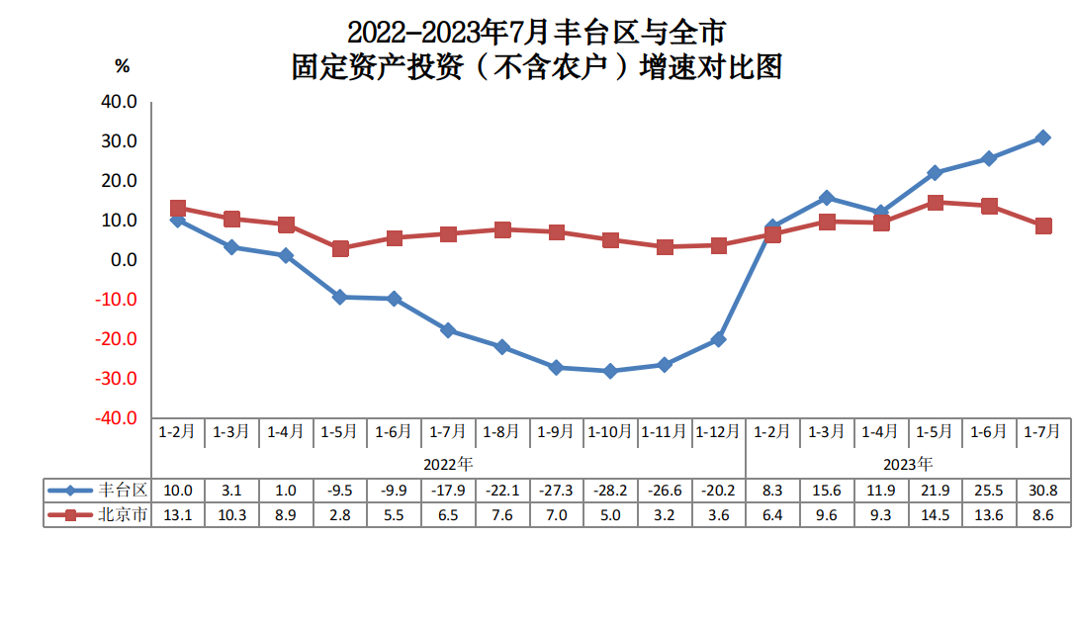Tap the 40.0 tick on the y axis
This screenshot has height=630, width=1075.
(x=119, y=102)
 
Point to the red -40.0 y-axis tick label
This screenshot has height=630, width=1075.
(x=117, y=418)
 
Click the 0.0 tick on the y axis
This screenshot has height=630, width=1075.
(x=123, y=260)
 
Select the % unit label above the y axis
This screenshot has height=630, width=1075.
(x=123, y=66)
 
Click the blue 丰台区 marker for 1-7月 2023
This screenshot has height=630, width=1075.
(x=1042, y=137)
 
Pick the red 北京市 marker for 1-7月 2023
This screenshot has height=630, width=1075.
(x=1042, y=226)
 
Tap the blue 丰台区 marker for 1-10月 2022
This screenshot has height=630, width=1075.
(x=610, y=371)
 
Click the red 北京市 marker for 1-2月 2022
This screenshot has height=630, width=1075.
(x=178, y=209)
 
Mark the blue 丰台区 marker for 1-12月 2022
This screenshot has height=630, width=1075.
(x=718, y=339)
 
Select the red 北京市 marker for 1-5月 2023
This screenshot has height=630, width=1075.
(x=935, y=203)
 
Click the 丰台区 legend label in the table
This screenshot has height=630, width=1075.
(x=124, y=491)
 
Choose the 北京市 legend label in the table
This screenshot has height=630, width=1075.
(x=124, y=514)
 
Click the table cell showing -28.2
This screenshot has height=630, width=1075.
(x=610, y=491)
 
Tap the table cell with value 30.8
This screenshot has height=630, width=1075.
(x=1042, y=491)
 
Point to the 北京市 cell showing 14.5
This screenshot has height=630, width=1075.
(x=935, y=514)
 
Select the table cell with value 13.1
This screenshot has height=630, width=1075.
(x=178, y=514)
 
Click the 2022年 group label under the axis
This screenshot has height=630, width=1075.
(x=448, y=463)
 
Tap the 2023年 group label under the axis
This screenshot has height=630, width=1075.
(x=907, y=463)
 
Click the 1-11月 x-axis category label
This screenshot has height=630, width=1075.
(x=665, y=432)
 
